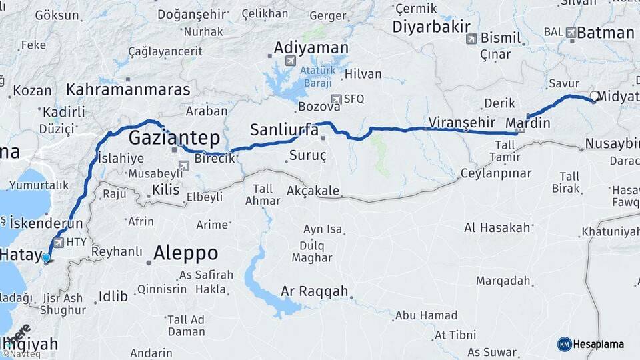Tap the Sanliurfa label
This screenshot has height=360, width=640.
point(284,130)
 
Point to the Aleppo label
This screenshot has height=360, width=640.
point(185,253)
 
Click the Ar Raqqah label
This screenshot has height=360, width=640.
point(315,292)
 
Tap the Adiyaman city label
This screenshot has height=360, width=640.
point(311,49)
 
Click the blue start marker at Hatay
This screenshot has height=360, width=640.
point(45,257)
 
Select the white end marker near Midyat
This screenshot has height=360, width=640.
point(593,96)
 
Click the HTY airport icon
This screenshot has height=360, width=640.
point(59,242)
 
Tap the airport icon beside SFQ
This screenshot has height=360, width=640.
point(335,99)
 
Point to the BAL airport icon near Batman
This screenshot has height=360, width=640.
point(571,32)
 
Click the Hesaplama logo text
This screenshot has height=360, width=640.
point(598,345)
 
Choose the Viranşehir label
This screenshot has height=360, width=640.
point(462,123)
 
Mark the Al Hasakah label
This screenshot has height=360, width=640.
point(497,228)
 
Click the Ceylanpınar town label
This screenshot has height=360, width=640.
point(496,173)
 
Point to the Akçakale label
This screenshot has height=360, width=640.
point(313,191)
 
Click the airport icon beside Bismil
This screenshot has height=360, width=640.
point(471,39)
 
